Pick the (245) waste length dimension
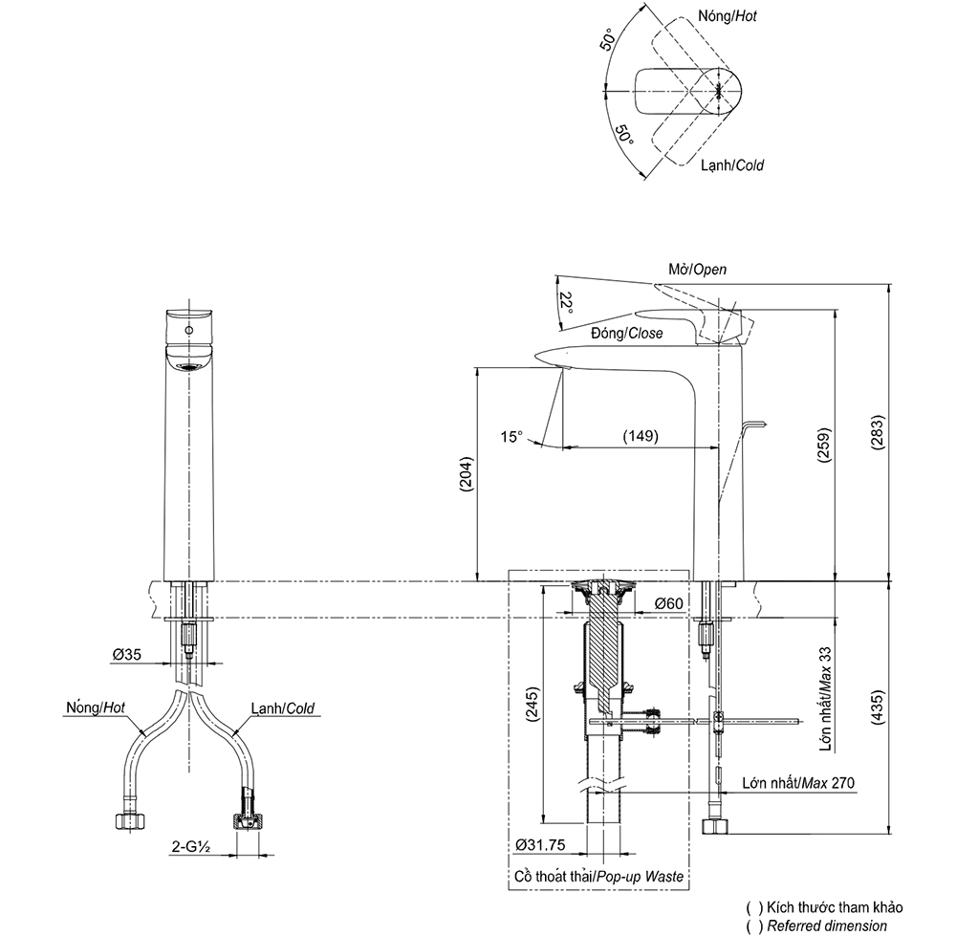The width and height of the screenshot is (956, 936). pyautogui.click(x=532, y=707)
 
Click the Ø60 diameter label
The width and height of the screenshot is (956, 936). pyautogui.click(x=668, y=603)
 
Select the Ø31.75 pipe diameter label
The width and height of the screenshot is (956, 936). pyautogui.click(x=541, y=845)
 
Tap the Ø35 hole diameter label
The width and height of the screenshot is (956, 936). pyautogui.click(x=126, y=655)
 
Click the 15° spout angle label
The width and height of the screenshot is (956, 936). pyautogui.click(x=512, y=437)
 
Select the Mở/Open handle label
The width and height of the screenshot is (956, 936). pyautogui.click(x=697, y=270)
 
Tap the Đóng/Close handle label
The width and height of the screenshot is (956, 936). pyautogui.click(x=627, y=334)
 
